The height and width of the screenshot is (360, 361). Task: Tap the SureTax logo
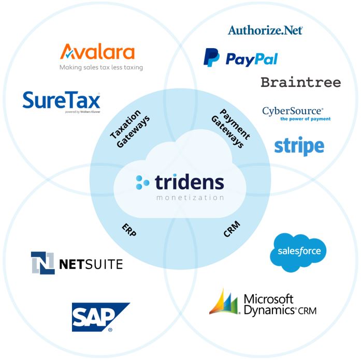click(x=62, y=101)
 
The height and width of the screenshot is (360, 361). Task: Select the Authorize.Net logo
click(x=265, y=31)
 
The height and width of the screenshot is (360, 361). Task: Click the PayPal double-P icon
click(x=211, y=57)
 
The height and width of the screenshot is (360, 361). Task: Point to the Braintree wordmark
click(x=301, y=82)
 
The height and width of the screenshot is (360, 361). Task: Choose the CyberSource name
click(x=293, y=111)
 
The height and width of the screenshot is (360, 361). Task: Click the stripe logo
click(x=299, y=146)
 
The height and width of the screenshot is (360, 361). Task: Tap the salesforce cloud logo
click(x=298, y=252)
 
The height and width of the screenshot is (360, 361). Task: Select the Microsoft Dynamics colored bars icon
click(x=224, y=302)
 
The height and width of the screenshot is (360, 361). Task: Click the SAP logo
click(x=100, y=317)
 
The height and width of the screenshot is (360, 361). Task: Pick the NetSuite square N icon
click(x=43, y=263)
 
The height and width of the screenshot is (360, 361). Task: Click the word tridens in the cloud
click(x=189, y=182)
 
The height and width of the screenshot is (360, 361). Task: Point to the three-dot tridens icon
click(x=142, y=182)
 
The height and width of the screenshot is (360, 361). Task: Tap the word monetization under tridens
click(x=190, y=198)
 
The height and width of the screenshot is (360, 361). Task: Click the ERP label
click(x=129, y=230)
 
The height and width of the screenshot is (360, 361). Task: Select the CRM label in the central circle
click(x=232, y=229)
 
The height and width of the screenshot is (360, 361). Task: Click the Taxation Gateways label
click(x=129, y=129)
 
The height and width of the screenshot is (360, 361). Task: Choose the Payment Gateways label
click(x=230, y=128)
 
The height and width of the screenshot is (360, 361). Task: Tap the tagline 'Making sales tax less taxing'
click(x=102, y=67)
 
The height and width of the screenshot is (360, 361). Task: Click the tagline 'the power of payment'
click(x=305, y=119)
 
